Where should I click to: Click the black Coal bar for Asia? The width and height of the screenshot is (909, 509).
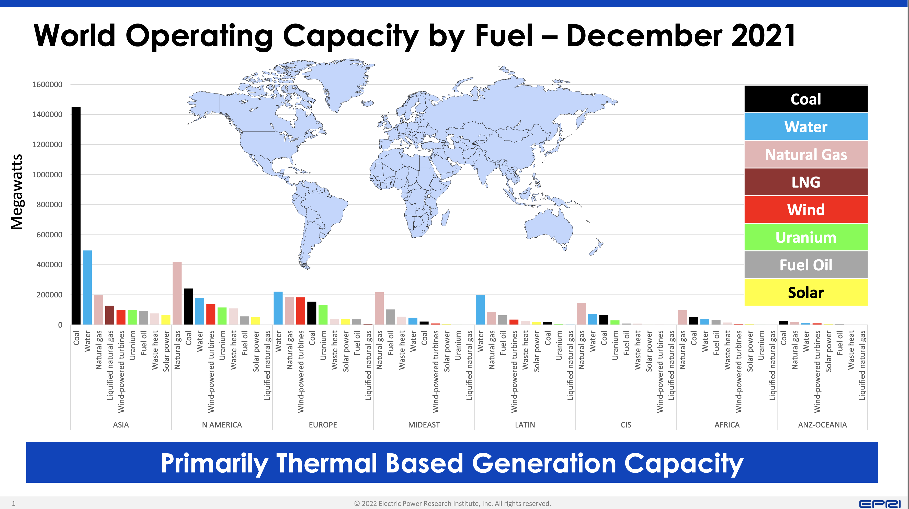coord(76,215)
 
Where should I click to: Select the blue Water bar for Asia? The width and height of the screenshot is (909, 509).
coord(87,287)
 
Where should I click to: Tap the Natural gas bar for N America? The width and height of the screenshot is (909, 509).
coord(177,293)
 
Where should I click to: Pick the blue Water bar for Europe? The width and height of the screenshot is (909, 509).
coord(278,308)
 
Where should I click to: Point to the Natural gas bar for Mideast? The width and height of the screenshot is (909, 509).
coord(379,308)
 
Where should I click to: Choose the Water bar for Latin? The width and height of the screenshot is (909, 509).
coord(480,310)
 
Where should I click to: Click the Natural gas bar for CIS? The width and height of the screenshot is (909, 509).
coord(581,314)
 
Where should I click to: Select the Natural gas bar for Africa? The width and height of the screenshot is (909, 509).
coord(683,317)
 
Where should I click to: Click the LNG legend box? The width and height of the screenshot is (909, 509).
coord(806,182)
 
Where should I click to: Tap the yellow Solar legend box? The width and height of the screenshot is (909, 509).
coord(806,292)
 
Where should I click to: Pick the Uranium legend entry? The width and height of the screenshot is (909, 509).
coord(806,237)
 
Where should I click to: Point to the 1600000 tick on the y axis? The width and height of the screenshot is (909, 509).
coord(47,85)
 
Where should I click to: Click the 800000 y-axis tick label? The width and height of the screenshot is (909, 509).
coord(49,205)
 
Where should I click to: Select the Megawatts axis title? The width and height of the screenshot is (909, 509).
coord(17,192)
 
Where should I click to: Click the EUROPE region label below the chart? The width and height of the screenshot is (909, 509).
coord(323,425)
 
